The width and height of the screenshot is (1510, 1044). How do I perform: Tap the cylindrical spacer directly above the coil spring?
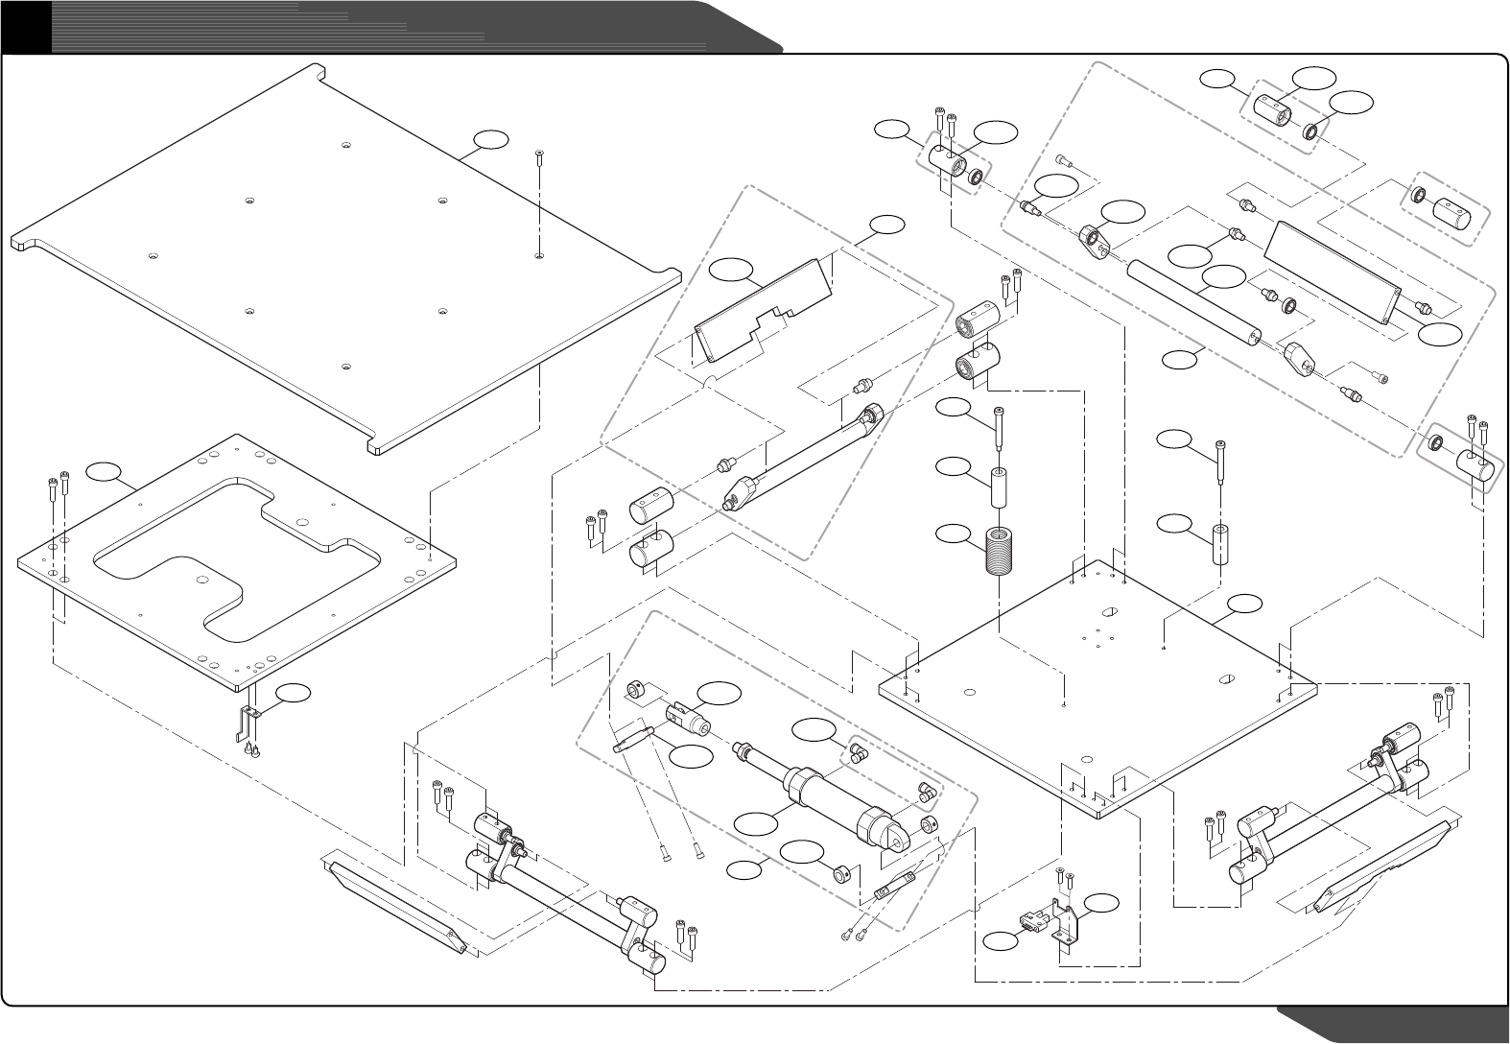pos(999,488)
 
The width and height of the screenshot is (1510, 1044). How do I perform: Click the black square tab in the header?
pos(26,26)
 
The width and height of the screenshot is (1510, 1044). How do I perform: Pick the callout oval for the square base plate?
pos(1245,604)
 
